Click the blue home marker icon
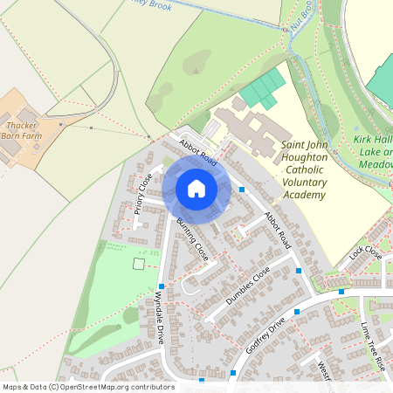[196, 188]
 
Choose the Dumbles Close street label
[249, 286]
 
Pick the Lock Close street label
[365, 254]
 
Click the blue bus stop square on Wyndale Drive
[162, 286]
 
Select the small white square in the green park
[137, 263]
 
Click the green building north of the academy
[263, 89]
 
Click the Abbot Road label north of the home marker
[197, 150]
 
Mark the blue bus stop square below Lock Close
[341, 292]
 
